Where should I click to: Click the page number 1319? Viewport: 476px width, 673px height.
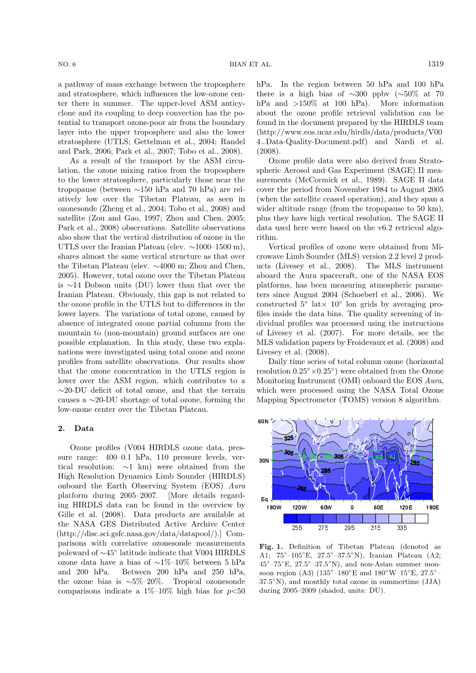435,64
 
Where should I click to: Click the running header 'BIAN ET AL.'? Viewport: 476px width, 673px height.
250,64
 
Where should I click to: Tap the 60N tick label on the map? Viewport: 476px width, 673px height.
263,422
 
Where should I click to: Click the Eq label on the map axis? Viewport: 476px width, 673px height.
264,499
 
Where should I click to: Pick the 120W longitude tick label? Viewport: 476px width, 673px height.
299,507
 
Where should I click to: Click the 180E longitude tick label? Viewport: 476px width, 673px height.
432,507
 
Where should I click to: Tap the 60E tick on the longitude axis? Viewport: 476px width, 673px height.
379,507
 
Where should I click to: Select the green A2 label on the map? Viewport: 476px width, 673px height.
379,457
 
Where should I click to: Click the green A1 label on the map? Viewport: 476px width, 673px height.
392,457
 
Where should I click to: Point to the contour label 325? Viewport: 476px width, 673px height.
289,439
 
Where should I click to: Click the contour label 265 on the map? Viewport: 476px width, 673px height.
302,488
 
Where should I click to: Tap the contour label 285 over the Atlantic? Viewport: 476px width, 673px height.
325,470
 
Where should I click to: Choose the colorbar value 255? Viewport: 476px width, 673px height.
297,528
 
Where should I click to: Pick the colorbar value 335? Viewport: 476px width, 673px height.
402,528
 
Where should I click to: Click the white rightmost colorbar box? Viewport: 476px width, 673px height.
421,518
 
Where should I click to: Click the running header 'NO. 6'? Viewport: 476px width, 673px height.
67,64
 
